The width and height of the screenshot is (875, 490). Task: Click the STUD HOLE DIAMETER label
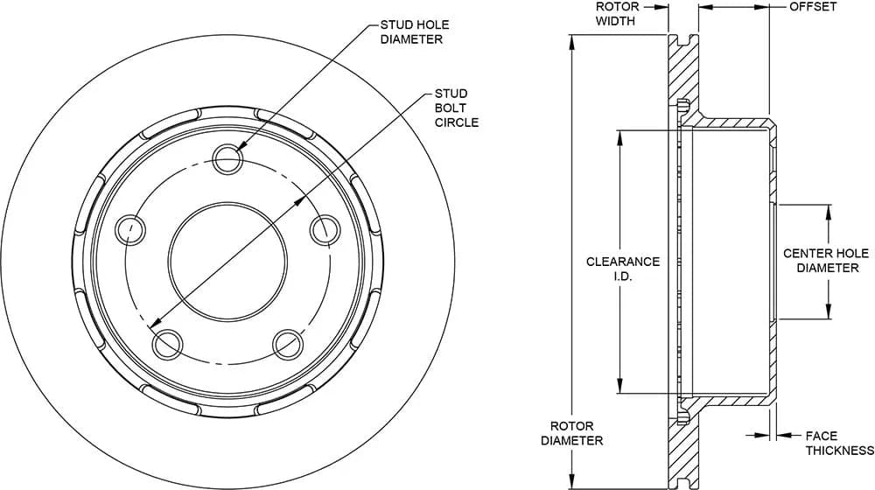(x=411, y=31)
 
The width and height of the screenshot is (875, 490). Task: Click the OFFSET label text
(x=812, y=6)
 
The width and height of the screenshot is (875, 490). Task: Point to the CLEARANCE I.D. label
(x=622, y=268)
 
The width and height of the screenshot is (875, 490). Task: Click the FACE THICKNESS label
(x=839, y=443)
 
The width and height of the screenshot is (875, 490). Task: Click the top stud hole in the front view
(x=228, y=158)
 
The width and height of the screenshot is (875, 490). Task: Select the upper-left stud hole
(x=130, y=229)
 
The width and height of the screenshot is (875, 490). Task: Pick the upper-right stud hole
(x=325, y=228)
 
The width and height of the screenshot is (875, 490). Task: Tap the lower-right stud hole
(x=288, y=344)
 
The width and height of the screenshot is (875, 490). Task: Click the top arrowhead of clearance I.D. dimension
(x=620, y=136)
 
